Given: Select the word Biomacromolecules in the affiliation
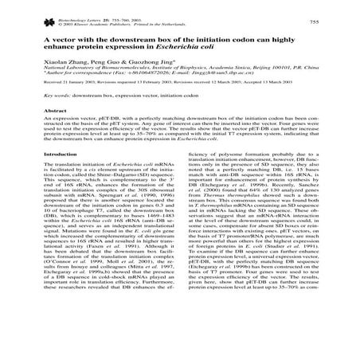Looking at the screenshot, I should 115,80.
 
